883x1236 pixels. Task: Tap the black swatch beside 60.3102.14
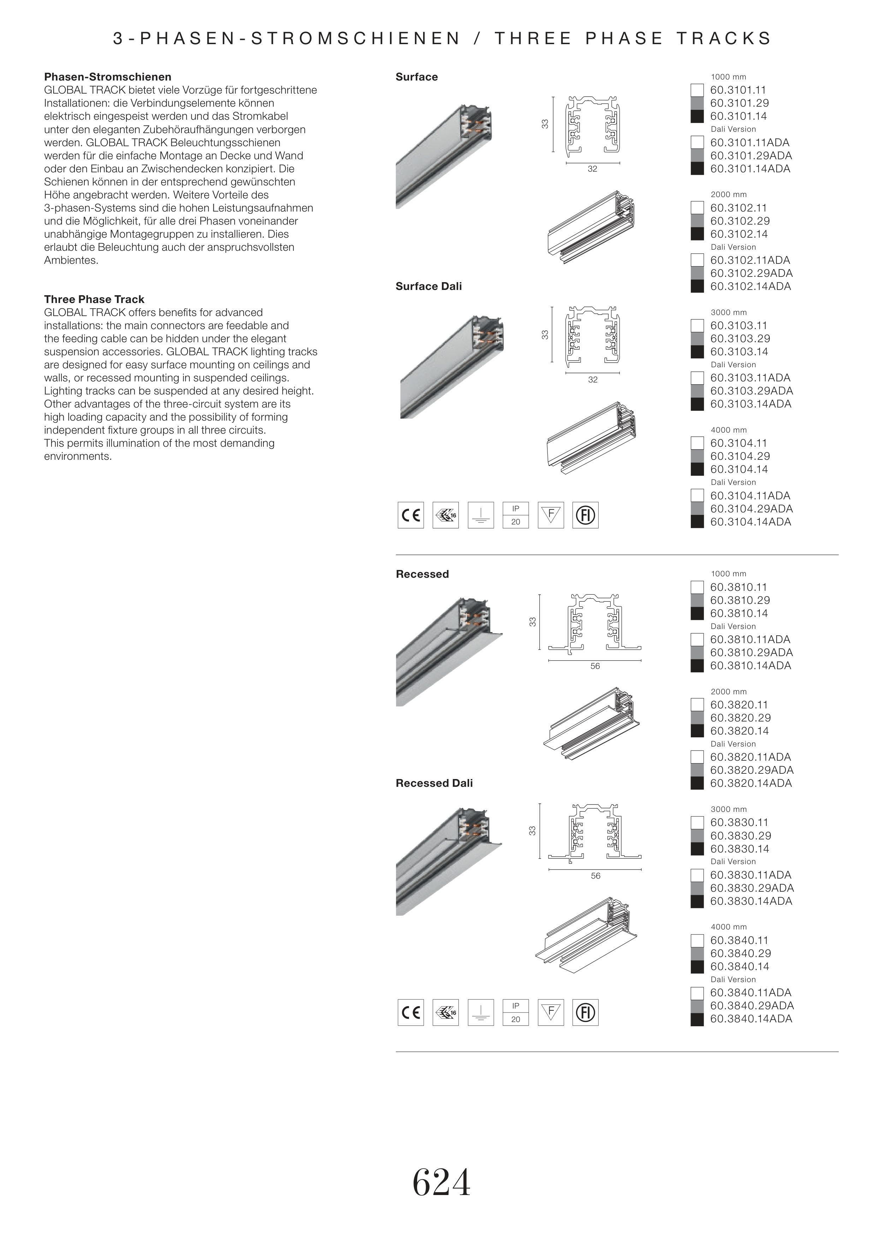[x=697, y=234]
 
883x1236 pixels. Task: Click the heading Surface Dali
[x=428, y=286]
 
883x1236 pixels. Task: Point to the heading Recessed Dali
[x=434, y=783]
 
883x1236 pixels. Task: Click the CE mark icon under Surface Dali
[x=410, y=515]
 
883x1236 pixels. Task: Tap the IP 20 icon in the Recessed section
[x=515, y=1012]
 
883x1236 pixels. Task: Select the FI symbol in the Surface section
[x=586, y=515]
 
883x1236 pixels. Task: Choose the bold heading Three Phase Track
[x=94, y=299]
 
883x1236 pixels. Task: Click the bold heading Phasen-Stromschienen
[x=108, y=77]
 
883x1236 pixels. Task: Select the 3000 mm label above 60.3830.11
[x=729, y=809]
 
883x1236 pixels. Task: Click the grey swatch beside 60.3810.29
[x=697, y=601]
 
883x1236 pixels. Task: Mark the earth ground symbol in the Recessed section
[x=481, y=1012]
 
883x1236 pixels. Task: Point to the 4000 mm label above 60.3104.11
[x=729, y=430]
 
